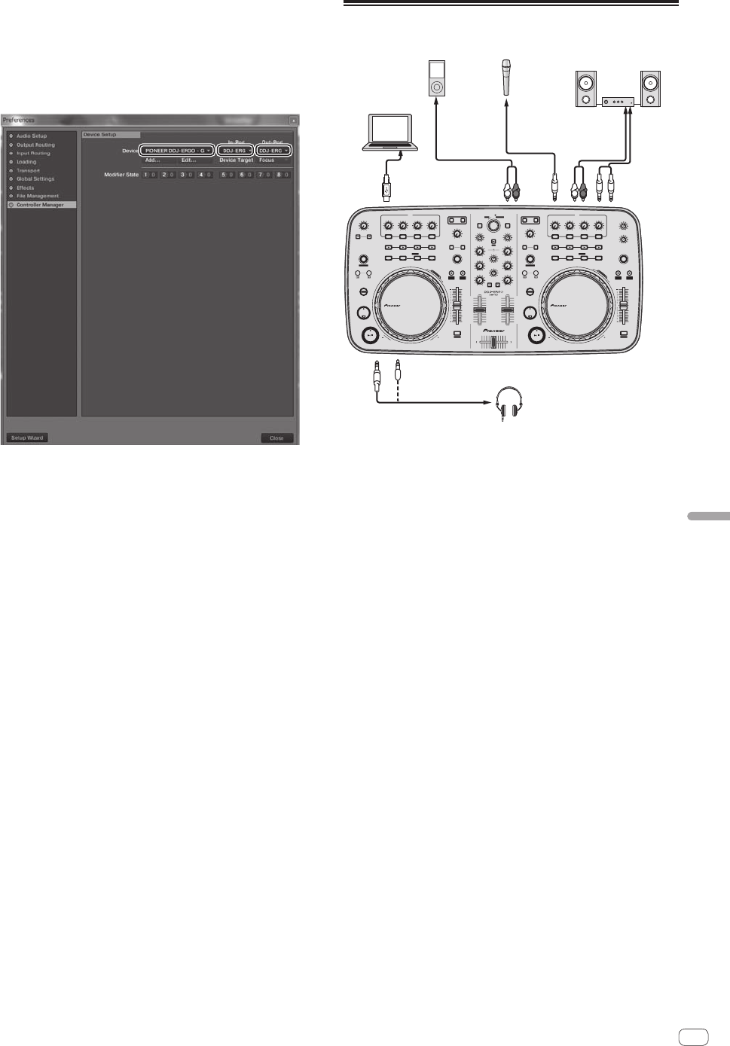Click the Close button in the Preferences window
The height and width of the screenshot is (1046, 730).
click(276, 438)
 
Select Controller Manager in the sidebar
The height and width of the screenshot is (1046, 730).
click(41, 205)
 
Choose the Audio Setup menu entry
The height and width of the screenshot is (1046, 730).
click(32, 136)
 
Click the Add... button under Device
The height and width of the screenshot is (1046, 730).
click(153, 160)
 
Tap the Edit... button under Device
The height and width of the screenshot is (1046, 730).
click(188, 160)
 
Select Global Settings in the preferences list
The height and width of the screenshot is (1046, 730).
click(35, 179)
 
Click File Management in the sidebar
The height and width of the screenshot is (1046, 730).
click(37, 196)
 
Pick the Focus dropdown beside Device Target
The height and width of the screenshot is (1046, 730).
click(273, 160)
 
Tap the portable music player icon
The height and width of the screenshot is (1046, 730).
click(435, 78)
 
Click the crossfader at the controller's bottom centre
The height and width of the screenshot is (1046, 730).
click(494, 343)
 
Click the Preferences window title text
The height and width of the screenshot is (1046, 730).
click(18, 120)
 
